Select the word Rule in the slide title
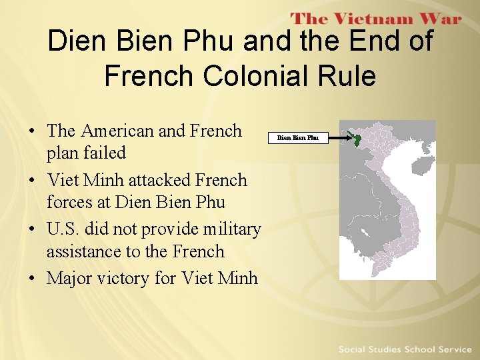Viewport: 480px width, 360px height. (347, 76)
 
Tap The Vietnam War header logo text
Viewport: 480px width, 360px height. (376, 19)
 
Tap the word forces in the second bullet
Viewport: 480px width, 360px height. (69, 202)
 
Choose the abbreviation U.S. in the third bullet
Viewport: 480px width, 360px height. (63, 229)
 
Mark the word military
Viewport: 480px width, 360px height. (229, 229)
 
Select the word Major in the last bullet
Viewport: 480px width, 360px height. (68, 278)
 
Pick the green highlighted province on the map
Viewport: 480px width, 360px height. (357, 141)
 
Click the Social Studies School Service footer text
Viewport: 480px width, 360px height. (405, 349)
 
